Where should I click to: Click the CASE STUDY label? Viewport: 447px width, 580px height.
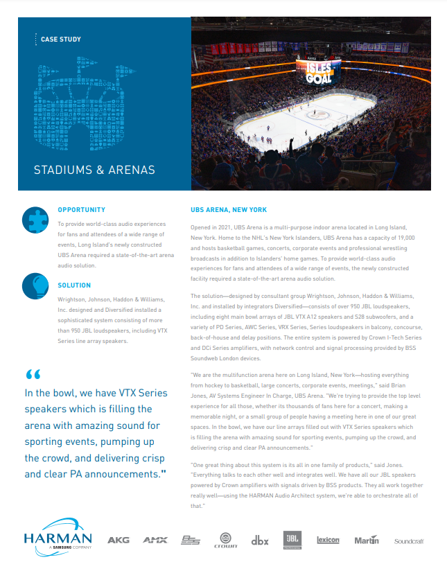[61, 39]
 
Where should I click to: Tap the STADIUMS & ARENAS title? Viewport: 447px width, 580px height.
[94, 170]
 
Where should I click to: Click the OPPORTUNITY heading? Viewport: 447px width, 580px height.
[82, 209]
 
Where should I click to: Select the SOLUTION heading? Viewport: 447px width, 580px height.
[74, 285]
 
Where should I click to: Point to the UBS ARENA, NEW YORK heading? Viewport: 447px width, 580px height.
[229, 209]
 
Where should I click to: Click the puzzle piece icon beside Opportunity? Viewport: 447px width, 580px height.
[35, 219]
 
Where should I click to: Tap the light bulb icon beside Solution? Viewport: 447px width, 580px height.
[35, 285]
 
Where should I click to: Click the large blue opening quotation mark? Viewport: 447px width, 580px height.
[33, 375]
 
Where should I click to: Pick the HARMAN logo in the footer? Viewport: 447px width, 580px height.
[58, 539]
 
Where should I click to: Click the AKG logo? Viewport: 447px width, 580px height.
[119, 540]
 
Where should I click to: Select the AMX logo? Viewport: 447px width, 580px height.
[155, 540]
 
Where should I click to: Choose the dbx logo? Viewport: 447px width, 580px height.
[260, 540]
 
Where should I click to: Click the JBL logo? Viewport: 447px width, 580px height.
[292, 539]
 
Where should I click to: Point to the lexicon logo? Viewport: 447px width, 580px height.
[328, 540]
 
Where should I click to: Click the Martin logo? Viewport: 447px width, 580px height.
[367, 540]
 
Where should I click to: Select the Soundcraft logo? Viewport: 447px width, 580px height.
[409, 541]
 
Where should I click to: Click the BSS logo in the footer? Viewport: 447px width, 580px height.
[191, 540]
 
